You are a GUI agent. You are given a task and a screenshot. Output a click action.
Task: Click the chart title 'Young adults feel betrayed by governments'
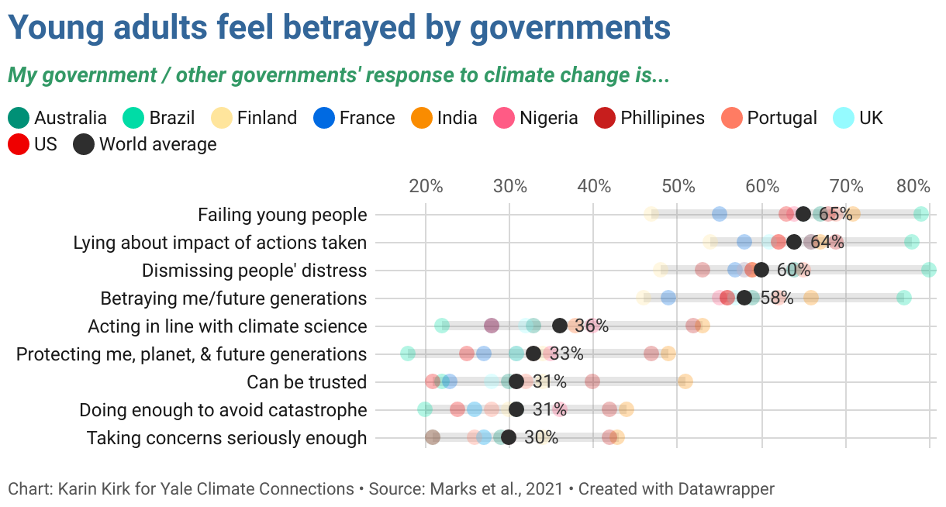pyautogui.click(x=339, y=29)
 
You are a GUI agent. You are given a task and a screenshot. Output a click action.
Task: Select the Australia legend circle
pyautogui.click(x=19, y=118)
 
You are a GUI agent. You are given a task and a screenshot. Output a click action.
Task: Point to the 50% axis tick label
pyautogui.click(x=678, y=186)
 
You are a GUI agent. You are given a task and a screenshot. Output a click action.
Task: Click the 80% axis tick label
pyautogui.click(x=913, y=186)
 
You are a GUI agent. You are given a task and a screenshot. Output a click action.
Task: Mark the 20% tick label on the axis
pyautogui.click(x=426, y=186)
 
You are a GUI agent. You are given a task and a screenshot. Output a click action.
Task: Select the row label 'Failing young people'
pyautogui.click(x=282, y=215)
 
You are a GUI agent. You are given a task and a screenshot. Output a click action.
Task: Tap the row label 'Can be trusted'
pyautogui.click(x=306, y=382)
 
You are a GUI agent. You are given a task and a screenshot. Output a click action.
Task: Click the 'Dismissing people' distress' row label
pyautogui.click(x=254, y=271)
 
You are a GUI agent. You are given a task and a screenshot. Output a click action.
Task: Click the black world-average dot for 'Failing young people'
pyautogui.click(x=803, y=215)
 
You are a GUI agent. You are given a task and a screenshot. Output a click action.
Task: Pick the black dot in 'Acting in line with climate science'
pyautogui.click(x=560, y=326)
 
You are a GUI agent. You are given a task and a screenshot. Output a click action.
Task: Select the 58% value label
pyautogui.click(x=777, y=298)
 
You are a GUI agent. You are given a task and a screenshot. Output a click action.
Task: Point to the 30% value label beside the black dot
pyautogui.click(x=541, y=437)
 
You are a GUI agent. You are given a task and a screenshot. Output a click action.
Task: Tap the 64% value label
pyautogui.click(x=827, y=243)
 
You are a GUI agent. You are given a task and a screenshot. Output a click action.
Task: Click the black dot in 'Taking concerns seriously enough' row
pyautogui.click(x=509, y=437)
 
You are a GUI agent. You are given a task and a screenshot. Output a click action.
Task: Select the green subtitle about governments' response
pyautogui.click(x=338, y=76)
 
